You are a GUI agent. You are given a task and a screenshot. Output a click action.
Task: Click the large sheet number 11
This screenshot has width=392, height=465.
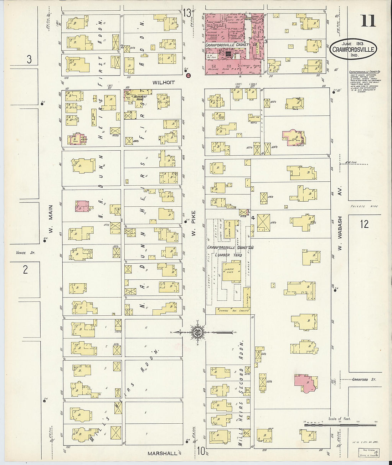[368, 20]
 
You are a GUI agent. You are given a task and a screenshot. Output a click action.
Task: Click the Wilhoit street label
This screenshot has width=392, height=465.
[164, 82]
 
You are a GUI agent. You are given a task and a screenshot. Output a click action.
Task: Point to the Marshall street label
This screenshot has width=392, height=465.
[163, 453]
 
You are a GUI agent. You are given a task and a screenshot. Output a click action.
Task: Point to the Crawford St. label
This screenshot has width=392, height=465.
[364, 379]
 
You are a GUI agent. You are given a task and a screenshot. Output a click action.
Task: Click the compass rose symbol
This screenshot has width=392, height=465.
[197, 332]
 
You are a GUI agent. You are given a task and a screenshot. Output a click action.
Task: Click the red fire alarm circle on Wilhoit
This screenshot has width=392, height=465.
[189, 75]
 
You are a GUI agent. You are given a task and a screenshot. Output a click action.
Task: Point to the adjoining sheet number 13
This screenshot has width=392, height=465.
[187, 13]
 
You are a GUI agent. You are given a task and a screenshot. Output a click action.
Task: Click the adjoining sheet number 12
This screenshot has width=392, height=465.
[364, 224]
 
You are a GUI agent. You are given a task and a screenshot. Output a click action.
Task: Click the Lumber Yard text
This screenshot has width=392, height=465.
[228, 255]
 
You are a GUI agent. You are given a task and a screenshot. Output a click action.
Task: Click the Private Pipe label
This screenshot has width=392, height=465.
[364, 206]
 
